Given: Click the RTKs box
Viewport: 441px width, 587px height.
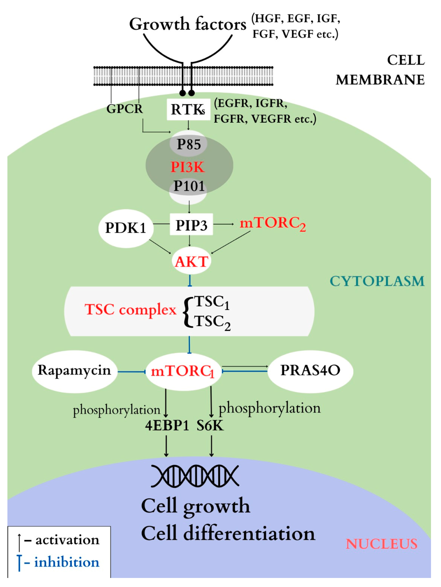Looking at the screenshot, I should [x=188, y=109].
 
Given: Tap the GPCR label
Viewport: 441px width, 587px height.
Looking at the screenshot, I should [x=124, y=109].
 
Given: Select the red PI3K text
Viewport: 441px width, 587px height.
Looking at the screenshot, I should [x=188, y=167].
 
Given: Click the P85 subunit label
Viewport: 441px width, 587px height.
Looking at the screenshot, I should [x=189, y=144].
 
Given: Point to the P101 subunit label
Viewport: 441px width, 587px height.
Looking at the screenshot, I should [x=189, y=186].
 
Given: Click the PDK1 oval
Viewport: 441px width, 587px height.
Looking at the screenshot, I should [x=126, y=228].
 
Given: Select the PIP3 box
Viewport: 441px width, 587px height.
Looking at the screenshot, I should [x=191, y=225].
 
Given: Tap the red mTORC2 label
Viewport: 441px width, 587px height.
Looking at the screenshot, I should [x=273, y=223].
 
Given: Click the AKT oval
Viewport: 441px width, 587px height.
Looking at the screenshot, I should [x=191, y=261].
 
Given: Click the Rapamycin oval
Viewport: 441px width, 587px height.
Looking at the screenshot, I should [x=74, y=370].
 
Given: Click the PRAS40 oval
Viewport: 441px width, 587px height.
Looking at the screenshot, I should [x=310, y=370].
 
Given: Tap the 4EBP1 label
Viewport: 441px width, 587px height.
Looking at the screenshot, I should [x=167, y=426].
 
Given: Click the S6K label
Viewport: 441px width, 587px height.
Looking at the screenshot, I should [x=210, y=426].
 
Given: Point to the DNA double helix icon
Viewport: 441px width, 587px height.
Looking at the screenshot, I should [x=195, y=476].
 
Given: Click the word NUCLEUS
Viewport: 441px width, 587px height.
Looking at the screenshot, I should [x=381, y=544].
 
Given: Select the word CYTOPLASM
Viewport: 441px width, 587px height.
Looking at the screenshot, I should [x=377, y=281].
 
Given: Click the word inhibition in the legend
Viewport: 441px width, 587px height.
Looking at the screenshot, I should [x=67, y=562].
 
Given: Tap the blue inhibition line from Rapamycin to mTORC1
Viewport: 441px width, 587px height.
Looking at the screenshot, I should [x=132, y=372].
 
